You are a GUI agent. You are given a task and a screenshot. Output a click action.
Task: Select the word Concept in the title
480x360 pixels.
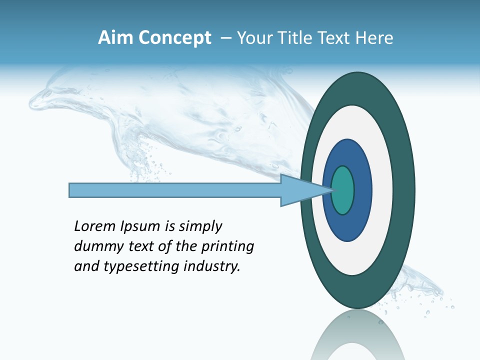[174, 38]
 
